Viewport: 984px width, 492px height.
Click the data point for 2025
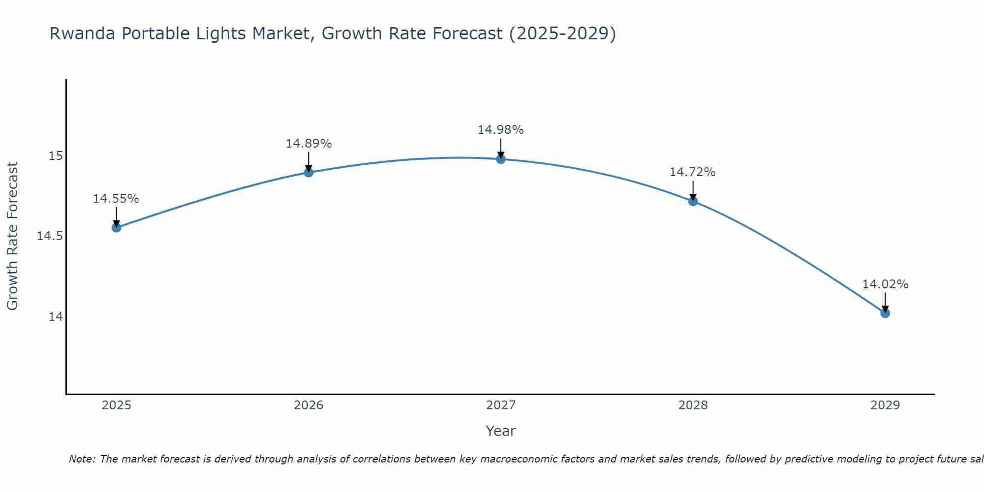(116, 227)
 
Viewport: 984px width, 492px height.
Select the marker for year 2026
(308, 172)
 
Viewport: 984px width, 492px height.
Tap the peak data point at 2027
(501, 159)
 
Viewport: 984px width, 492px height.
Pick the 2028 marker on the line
(693, 201)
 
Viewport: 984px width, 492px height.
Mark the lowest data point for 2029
(885, 313)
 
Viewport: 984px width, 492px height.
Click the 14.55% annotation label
(116, 199)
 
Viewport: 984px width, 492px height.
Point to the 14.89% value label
(308, 144)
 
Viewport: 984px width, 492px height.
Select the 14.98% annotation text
(501, 130)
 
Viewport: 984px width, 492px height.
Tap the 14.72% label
(693, 172)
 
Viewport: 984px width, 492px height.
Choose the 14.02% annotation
(885, 284)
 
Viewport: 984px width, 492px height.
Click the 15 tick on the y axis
(56, 156)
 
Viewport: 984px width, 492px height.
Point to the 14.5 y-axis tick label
(50, 236)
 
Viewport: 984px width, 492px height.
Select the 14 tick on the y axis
(56, 316)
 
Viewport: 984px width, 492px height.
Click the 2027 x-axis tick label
(501, 405)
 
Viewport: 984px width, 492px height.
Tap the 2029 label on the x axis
(885, 405)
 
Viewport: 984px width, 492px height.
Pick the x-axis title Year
(501, 431)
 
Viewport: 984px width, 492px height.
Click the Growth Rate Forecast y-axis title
(12, 236)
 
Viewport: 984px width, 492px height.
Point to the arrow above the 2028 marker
(693, 190)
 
